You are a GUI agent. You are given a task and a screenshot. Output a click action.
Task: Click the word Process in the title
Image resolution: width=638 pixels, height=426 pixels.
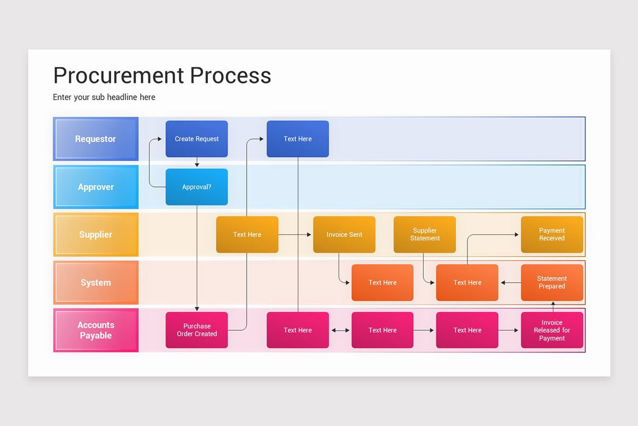[x=230, y=76]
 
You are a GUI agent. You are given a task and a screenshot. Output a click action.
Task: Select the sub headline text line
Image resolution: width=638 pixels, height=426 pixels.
[x=104, y=97]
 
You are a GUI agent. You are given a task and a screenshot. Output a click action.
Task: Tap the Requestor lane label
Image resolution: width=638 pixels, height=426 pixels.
[x=96, y=139]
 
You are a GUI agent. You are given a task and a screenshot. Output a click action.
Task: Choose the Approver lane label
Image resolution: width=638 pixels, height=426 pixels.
[x=96, y=187]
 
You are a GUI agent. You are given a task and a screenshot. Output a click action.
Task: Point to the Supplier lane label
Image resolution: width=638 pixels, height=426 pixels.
[x=96, y=234]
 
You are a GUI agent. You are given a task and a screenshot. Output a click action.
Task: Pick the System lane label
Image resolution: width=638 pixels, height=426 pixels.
[x=96, y=282]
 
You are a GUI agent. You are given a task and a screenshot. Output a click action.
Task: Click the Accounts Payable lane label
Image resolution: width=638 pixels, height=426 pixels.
[x=96, y=330]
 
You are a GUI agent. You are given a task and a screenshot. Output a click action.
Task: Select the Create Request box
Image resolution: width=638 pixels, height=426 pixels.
[x=197, y=139]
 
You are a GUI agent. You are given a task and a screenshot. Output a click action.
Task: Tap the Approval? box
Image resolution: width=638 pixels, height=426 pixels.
[x=197, y=187]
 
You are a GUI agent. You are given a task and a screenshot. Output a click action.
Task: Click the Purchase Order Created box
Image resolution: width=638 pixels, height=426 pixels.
[x=197, y=330]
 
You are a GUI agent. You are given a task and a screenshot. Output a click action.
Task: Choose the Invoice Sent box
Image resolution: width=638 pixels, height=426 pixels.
[x=344, y=234]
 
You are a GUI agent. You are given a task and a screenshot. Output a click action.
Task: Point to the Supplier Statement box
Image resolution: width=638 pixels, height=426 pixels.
[x=424, y=234]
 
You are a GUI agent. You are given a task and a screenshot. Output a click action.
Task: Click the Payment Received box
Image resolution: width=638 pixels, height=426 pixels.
[x=552, y=234]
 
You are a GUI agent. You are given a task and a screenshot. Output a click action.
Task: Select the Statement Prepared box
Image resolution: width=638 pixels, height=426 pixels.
[x=552, y=282]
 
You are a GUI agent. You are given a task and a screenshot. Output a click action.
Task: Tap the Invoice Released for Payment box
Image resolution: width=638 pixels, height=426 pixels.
[x=552, y=330]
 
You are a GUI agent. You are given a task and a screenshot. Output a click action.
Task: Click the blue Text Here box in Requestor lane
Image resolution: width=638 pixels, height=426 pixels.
[x=298, y=139]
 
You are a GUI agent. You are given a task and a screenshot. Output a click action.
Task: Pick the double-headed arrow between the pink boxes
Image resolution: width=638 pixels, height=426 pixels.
[x=340, y=330]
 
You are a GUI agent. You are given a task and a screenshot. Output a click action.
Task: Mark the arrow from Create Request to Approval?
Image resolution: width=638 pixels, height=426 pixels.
[x=197, y=162]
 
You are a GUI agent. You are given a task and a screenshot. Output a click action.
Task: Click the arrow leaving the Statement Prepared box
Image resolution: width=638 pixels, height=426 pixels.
[x=509, y=283]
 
